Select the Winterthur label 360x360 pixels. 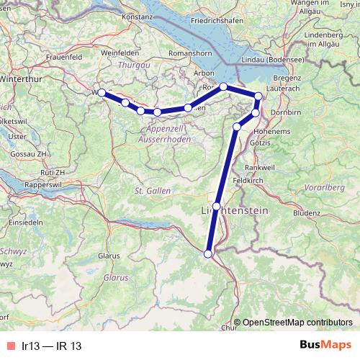[x=19, y=79]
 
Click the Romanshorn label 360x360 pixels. [x=186, y=54]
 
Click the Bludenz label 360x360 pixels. [x=307, y=214]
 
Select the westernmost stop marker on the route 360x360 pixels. [x=102, y=93]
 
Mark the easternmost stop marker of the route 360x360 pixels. [x=258, y=96]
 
